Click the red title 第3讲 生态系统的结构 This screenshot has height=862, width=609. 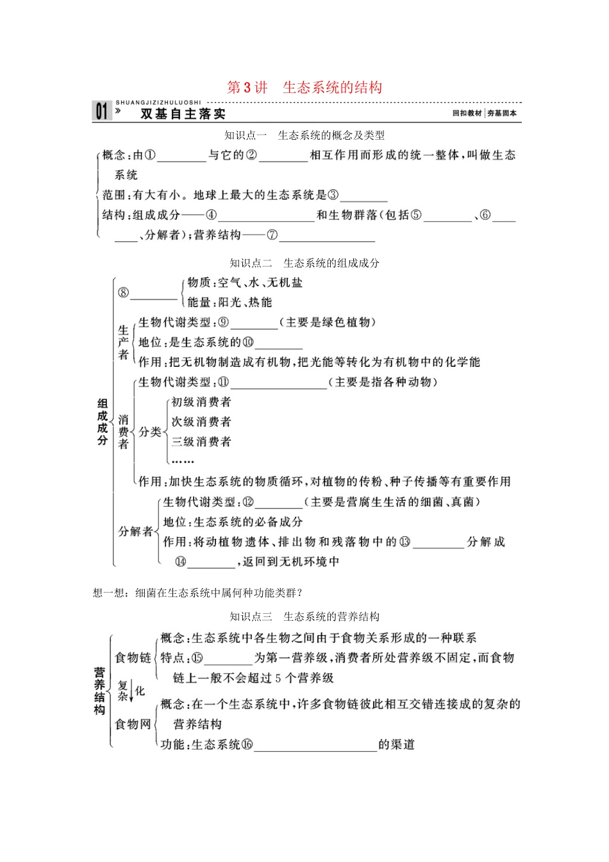pos(304,87)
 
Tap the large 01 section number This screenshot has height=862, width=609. pos(102,112)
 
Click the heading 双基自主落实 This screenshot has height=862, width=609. pos(183,114)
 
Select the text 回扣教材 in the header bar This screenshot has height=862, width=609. pos(467,114)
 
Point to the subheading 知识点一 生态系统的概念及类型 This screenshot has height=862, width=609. pos(304,135)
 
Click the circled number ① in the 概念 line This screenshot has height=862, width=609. pos(150,155)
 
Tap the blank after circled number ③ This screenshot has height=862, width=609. pos(363,196)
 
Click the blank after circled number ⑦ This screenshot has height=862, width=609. pos(327,236)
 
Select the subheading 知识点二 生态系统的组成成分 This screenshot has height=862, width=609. pos(304,263)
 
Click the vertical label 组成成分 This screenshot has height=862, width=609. pos(103,421)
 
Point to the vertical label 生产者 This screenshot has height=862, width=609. pos(123,342)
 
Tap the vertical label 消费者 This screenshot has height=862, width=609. pos(123,432)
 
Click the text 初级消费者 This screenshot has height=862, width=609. pos(201,402)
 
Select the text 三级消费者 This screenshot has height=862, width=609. pos(201,442)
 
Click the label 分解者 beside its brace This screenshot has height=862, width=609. pos(136,532)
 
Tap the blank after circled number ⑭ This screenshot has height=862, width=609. pos(212,563)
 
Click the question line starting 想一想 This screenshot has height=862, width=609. pos(197,593)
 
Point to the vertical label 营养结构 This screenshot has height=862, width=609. pos(100,691)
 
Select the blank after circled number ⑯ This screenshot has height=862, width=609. pos(315,746)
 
